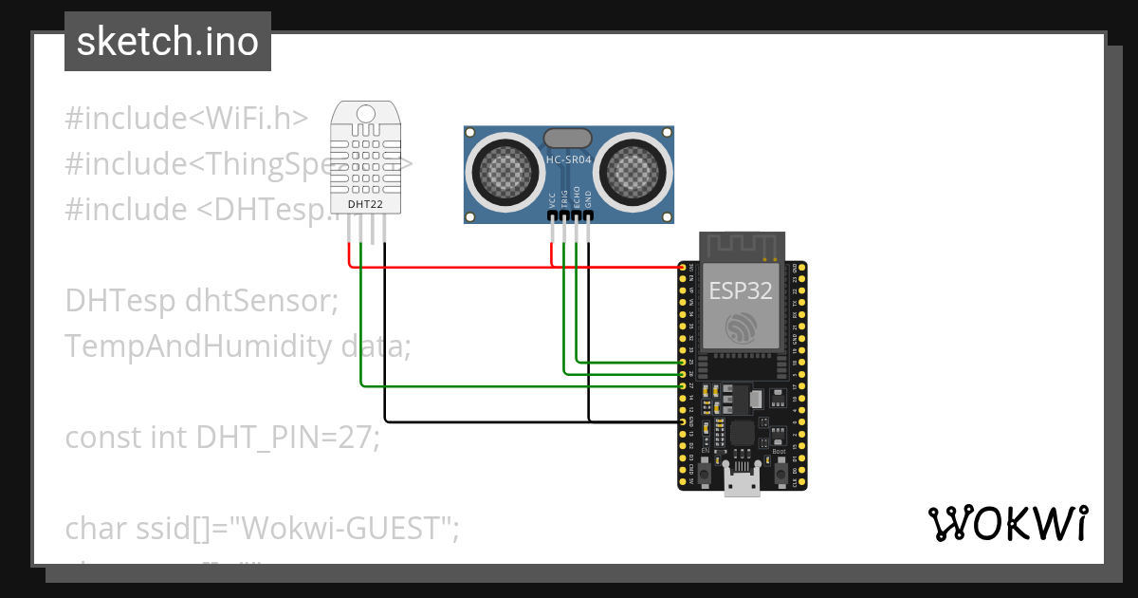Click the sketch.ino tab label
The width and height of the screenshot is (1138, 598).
[x=167, y=42]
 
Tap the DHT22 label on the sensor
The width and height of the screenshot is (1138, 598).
[x=365, y=204]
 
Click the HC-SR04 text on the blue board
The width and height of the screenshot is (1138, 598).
[x=568, y=160]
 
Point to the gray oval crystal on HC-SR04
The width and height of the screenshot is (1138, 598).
[x=567, y=140]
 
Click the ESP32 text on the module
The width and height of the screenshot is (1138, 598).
[x=741, y=291]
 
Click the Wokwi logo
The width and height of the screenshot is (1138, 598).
[x=1007, y=523]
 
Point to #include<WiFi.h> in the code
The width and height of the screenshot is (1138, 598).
[x=187, y=119]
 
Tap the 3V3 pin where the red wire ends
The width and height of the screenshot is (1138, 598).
[x=683, y=268]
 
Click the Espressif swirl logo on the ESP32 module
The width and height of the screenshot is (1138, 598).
[x=741, y=328]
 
